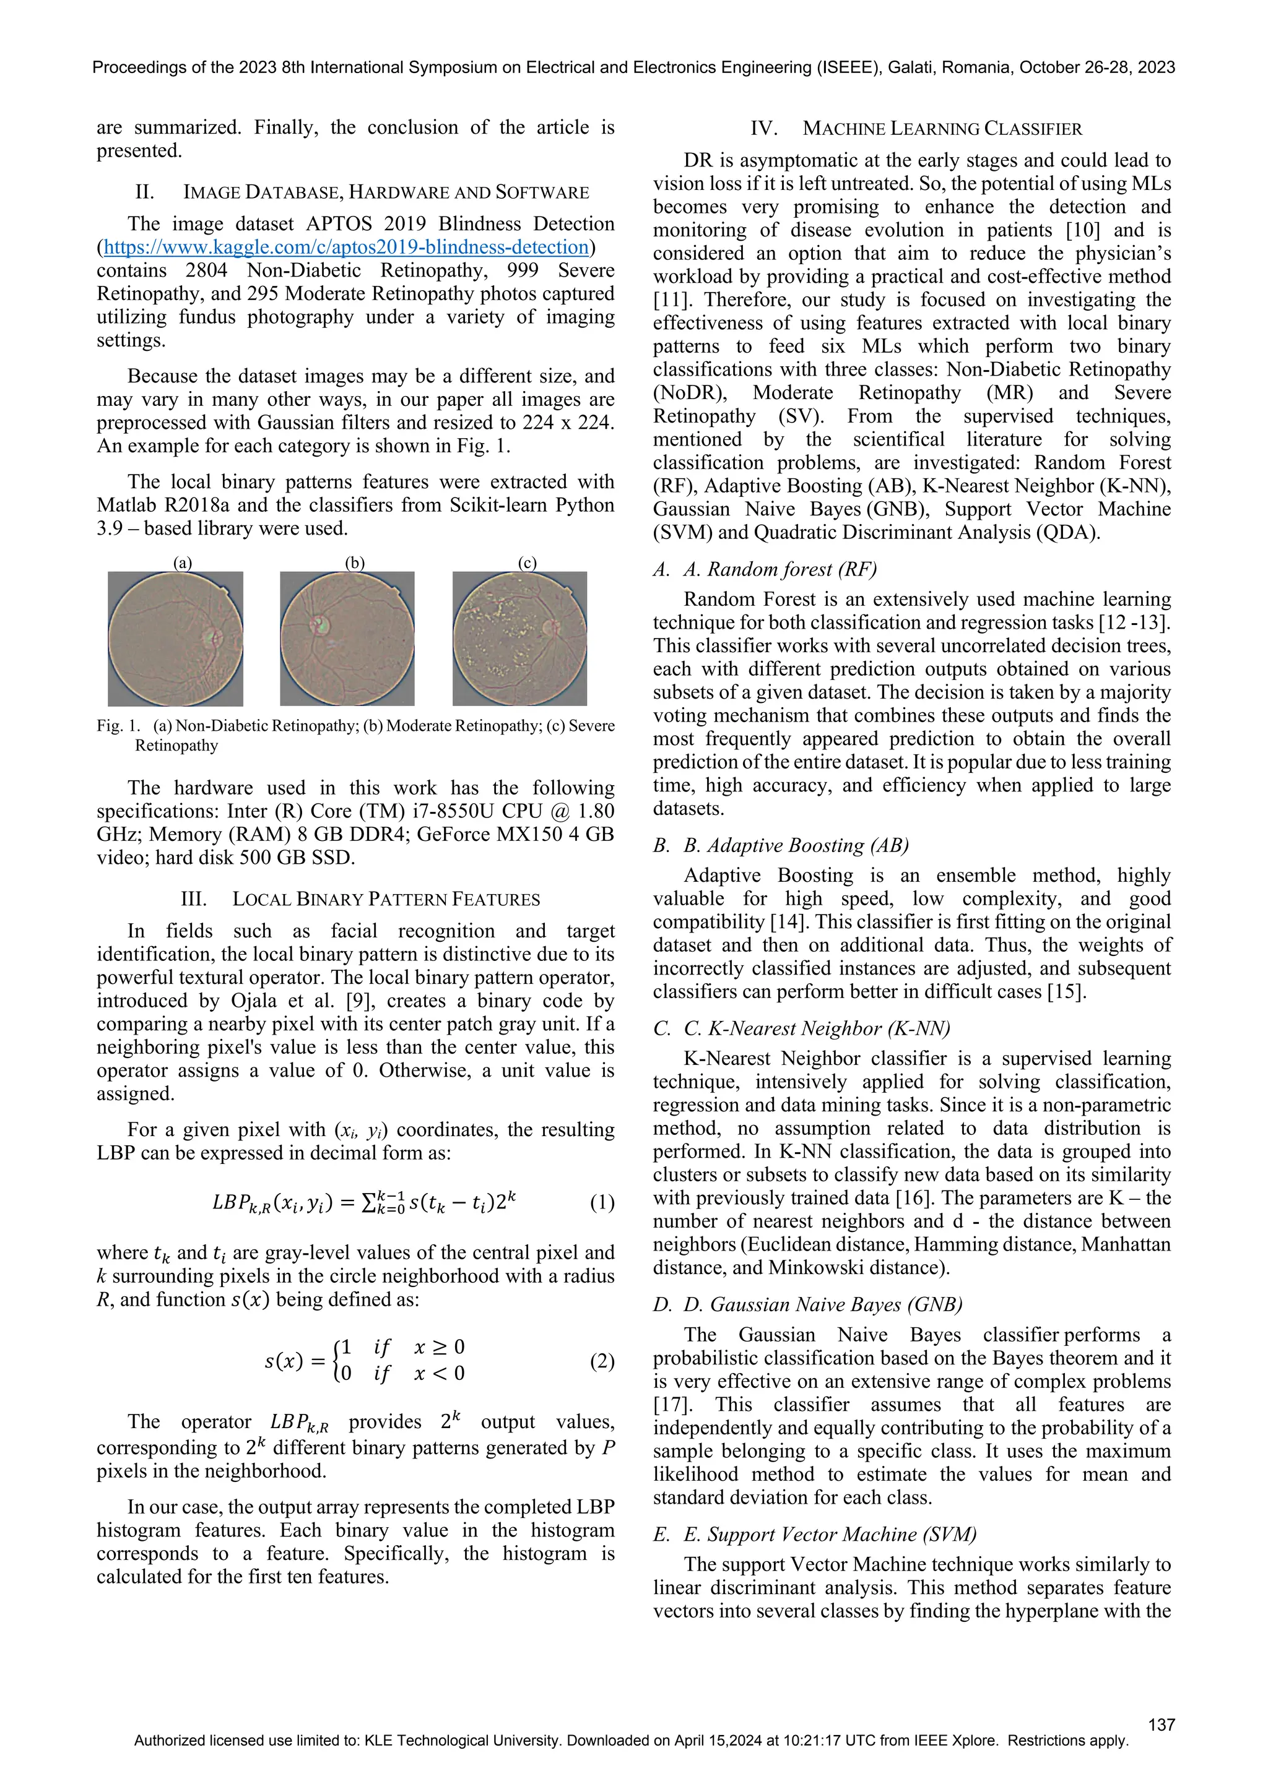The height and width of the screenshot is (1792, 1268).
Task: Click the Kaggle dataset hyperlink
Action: [x=346, y=248]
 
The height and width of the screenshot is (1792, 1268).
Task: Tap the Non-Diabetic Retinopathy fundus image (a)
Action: [x=176, y=639]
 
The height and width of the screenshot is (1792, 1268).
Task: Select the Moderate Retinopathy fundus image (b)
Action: [x=347, y=639]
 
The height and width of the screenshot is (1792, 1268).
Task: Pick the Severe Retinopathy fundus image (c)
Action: [x=520, y=639]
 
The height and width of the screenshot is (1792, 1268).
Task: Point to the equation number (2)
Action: [x=602, y=1361]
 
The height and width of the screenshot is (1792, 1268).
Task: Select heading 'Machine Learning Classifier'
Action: [x=942, y=129]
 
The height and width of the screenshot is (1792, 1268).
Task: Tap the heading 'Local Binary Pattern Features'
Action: [x=386, y=899]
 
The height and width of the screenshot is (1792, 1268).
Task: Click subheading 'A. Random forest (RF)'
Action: [x=780, y=569]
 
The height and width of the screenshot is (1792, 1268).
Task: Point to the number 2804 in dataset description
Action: [x=206, y=271]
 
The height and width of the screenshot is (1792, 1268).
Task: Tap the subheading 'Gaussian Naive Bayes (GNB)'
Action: [x=823, y=1305]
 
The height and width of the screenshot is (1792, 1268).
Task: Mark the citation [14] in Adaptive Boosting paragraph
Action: [x=783, y=922]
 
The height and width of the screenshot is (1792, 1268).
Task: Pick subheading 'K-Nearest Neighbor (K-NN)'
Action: [x=817, y=1028]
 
